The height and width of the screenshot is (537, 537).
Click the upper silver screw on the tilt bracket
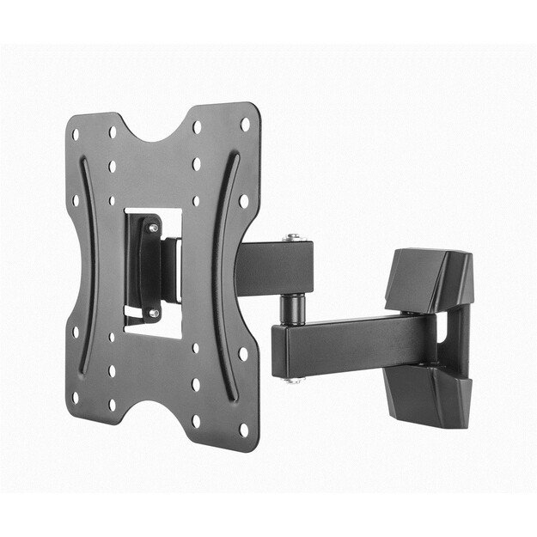tap(152, 228)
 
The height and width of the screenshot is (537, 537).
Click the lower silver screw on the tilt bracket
tap(153, 313)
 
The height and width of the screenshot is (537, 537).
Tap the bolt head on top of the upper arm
tap(294, 236)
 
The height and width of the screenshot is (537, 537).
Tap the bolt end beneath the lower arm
tap(294, 379)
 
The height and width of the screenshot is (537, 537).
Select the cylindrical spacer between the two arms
tap(294, 307)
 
